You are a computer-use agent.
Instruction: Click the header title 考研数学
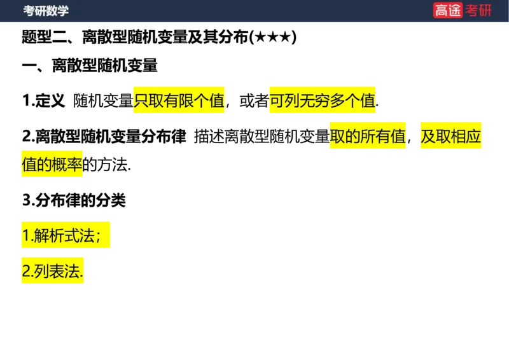click(x=46, y=11)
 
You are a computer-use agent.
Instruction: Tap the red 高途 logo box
click(x=447, y=10)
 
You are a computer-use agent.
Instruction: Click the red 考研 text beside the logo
click(x=478, y=10)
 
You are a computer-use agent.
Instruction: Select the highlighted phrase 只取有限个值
click(x=179, y=101)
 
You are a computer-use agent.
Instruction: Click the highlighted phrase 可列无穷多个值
click(x=322, y=101)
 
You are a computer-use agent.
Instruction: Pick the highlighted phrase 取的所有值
click(x=367, y=137)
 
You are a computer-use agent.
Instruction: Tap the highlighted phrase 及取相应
click(x=450, y=137)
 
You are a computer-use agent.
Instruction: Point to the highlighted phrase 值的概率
click(x=52, y=165)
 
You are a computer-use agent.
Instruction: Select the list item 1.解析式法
click(x=65, y=236)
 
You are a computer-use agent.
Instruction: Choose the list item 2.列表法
click(x=52, y=272)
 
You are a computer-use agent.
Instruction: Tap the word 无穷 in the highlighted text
click(x=314, y=101)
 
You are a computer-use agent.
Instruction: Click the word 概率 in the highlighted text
click(x=67, y=165)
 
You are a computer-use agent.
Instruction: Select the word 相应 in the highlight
click(x=466, y=137)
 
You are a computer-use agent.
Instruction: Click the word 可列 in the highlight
click(x=284, y=101)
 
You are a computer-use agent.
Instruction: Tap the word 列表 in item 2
click(x=50, y=272)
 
